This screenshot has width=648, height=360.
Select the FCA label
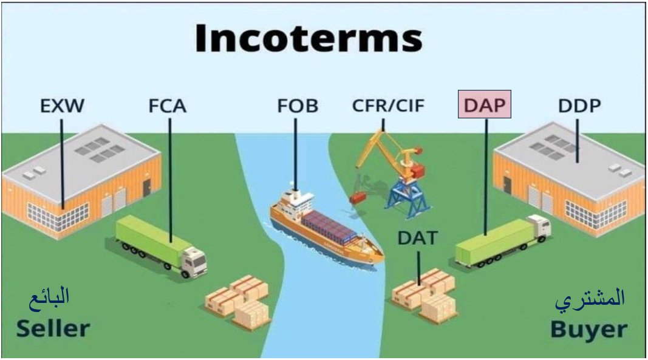click(x=167, y=106)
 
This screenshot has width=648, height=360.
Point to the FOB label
click(x=297, y=106)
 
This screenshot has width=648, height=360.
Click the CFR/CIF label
click(x=388, y=106)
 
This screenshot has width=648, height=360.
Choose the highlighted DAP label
click(x=484, y=105)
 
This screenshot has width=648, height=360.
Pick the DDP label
click(x=579, y=106)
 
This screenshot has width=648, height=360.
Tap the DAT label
click(x=417, y=238)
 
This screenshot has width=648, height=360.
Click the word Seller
click(x=53, y=328)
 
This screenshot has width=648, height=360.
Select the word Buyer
click(x=588, y=330)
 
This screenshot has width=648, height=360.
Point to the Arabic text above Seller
click(x=49, y=297)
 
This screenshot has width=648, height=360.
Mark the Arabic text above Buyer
click(x=590, y=299)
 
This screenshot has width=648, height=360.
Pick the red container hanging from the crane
click(x=358, y=197)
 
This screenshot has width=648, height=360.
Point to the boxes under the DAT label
click(x=425, y=294)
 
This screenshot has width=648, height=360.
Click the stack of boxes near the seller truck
click(x=238, y=302)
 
